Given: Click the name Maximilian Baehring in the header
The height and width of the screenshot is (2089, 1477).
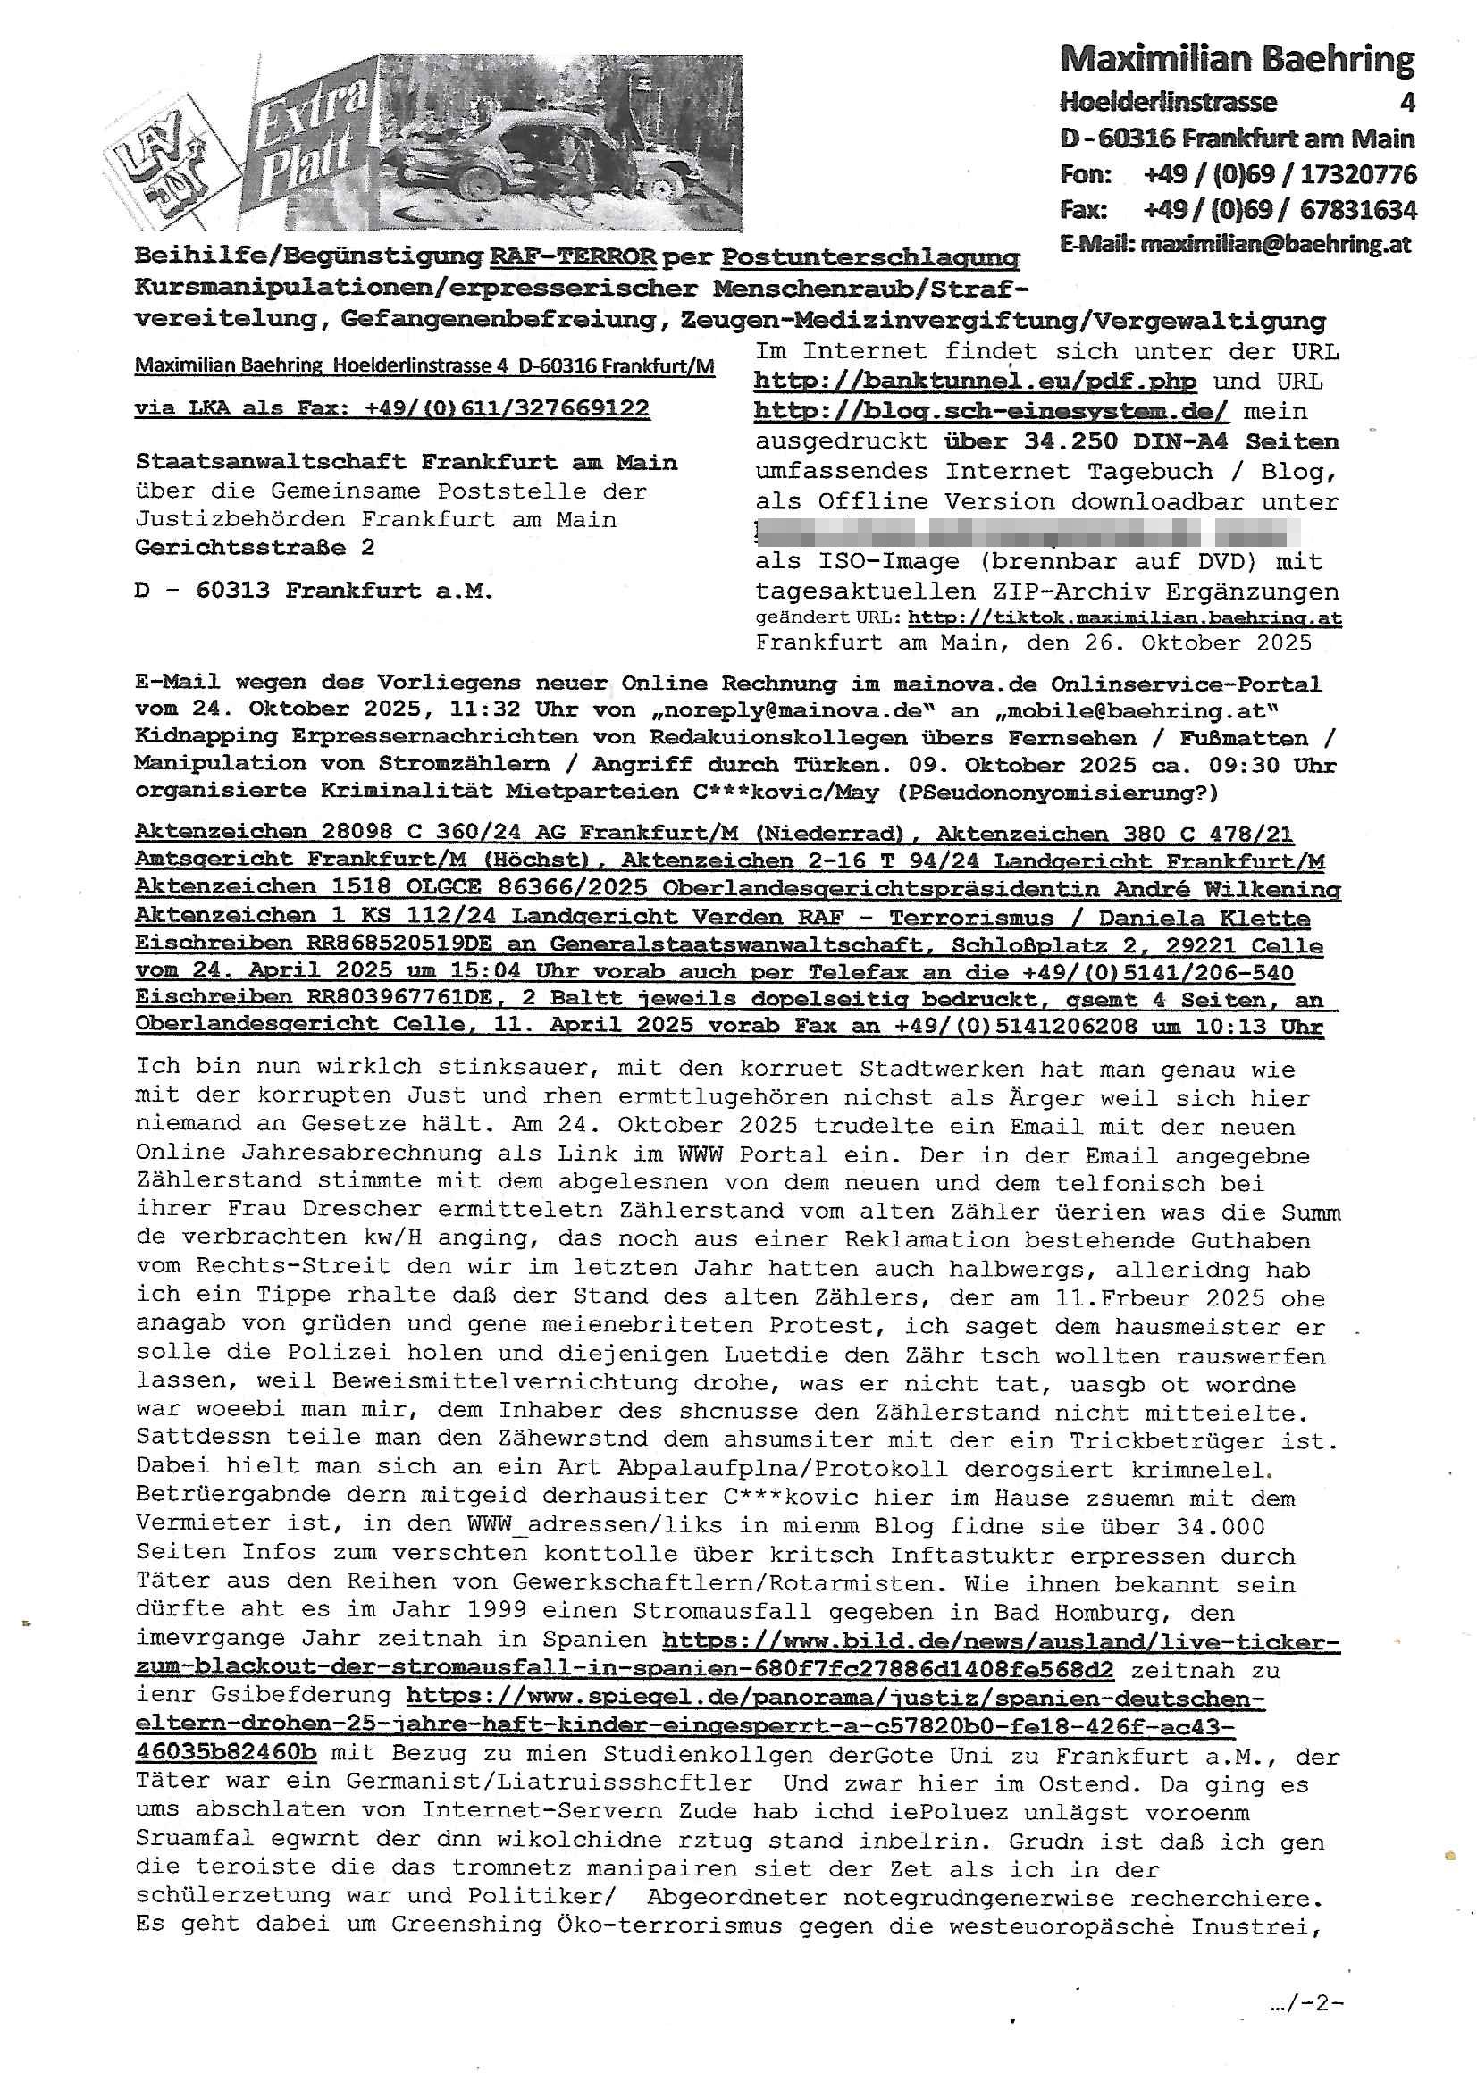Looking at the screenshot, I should pyautogui.click(x=1237, y=60).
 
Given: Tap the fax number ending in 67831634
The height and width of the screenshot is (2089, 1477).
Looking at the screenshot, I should pyautogui.click(x=1280, y=210).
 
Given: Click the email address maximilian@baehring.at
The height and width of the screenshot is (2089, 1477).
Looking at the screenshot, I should pyautogui.click(x=1275, y=244).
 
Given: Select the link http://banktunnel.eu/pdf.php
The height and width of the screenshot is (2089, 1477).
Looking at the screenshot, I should pyautogui.click(x=975, y=382).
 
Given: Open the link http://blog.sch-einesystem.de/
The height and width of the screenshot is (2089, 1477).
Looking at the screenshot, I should pyautogui.click(x=990, y=411).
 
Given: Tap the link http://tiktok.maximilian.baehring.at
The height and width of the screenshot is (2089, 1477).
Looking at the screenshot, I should pyautogui.click(x=1125, y=618).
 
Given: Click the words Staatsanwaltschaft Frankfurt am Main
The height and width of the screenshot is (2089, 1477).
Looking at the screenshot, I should pyautogui.click(x=406, y=462).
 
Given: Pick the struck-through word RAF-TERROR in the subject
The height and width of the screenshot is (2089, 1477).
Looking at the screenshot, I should pyautogui.click(x=573, y=257).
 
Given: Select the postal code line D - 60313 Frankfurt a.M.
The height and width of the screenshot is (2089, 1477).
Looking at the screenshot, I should pyautogui.click(x=314, y=591).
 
